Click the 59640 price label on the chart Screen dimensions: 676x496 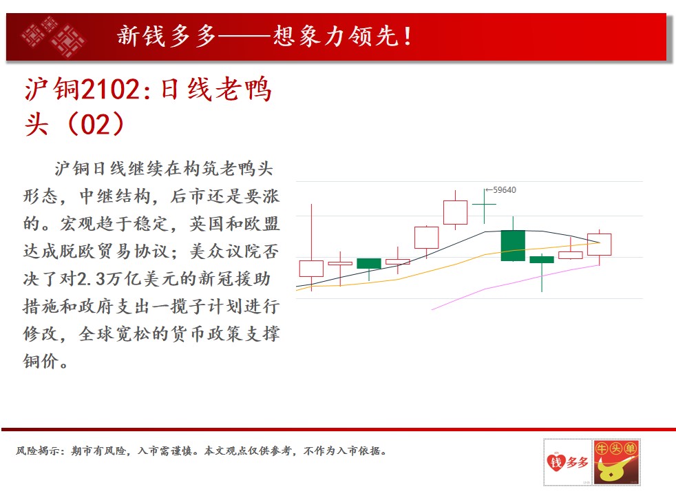[504, 189]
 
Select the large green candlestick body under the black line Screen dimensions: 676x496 [513, 246]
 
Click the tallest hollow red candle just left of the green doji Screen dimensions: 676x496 [455, 212]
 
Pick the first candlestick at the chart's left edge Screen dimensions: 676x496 [311, 268]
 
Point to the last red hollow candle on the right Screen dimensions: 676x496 [600, 245]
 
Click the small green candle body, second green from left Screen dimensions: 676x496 [369, 263]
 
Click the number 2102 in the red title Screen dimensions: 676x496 [109, 90]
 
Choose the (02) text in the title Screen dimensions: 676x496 [96, 124]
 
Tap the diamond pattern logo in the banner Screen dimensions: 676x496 [54, 37]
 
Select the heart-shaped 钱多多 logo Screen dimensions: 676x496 [567, 462]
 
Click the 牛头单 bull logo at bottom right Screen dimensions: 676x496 [616, 462]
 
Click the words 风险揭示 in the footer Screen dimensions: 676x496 [38, 451]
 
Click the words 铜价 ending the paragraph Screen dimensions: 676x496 [41, 362]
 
